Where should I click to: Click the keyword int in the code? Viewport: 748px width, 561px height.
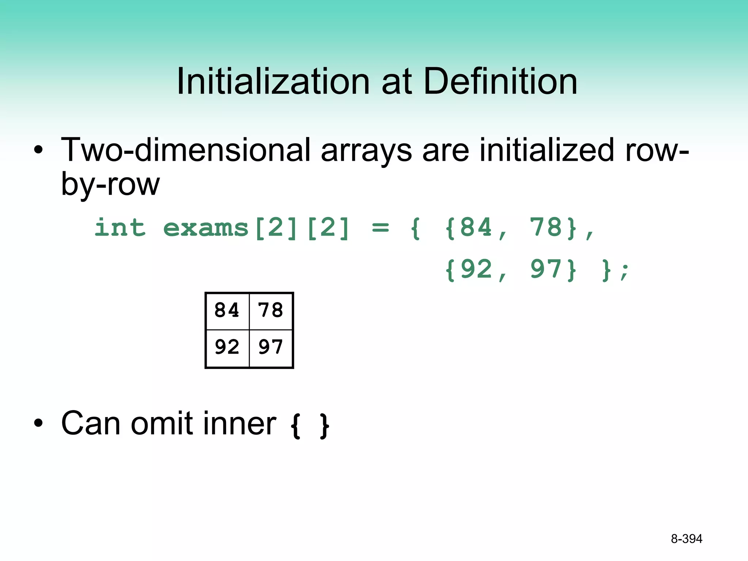pos(120,228)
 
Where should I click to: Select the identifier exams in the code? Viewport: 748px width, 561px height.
pos(206,228)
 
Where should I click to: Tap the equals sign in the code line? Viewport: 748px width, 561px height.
pos(380,228)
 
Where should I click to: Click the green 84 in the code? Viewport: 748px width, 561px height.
pos(476,227)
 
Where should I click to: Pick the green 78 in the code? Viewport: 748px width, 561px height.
pos(546,227)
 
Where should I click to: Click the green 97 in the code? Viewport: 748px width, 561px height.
pos(546,270)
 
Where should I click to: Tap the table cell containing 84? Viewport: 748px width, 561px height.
pos(227,310)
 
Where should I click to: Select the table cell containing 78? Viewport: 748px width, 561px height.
pos(271,310)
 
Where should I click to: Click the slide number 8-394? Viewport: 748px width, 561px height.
pos(686,539)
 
